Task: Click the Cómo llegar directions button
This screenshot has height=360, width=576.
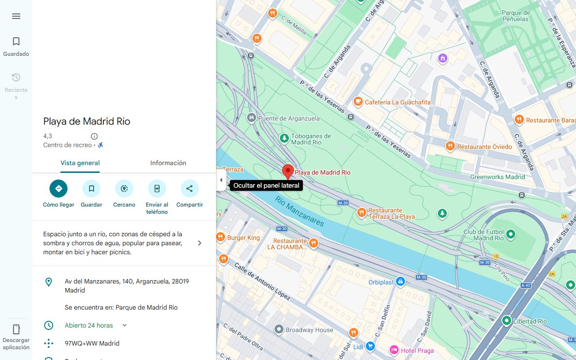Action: [58, 189]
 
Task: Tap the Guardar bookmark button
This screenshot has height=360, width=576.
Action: [91, 189]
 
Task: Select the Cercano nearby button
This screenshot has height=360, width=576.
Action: [124, 189]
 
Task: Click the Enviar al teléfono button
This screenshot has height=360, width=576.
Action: [157, 189]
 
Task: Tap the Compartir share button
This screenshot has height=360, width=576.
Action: [189, 189]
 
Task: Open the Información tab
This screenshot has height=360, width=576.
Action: [168, 163]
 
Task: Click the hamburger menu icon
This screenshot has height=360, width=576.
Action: [16, 16]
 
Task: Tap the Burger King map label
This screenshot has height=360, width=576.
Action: [243, 238]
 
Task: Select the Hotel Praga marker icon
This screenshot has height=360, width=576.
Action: [394, 350]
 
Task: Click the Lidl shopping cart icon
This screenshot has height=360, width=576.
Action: [370, 346]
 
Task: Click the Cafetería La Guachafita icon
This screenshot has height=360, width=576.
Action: [358, 102]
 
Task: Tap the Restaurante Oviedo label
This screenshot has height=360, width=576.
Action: [484, 147]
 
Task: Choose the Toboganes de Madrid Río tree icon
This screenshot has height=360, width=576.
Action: [284, 138]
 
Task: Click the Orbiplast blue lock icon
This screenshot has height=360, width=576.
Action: [400, 282]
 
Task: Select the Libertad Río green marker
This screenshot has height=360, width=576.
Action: [507, 321]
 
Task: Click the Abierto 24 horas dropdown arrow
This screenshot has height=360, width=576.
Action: [125, 325]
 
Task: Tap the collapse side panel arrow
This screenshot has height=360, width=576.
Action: [221, 180]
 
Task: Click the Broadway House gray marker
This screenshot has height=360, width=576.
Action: [279, 330]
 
